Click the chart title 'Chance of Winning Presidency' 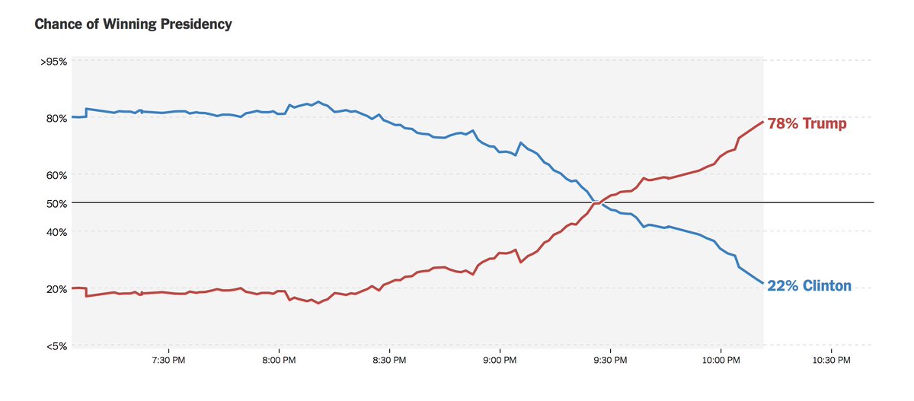(x=133, y=24)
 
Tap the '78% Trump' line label (x=807, y=123)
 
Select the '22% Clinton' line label (x=809, y=286)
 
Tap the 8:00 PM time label (x=277, y=360)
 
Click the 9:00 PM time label (x=499, y=360)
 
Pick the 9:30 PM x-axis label (x=609, y=360)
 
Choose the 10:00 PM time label (x=721, y=360)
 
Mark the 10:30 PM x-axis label (x=831, y=360)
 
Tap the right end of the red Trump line (x=762, y=122)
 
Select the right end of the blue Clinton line (x=762, y=283)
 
